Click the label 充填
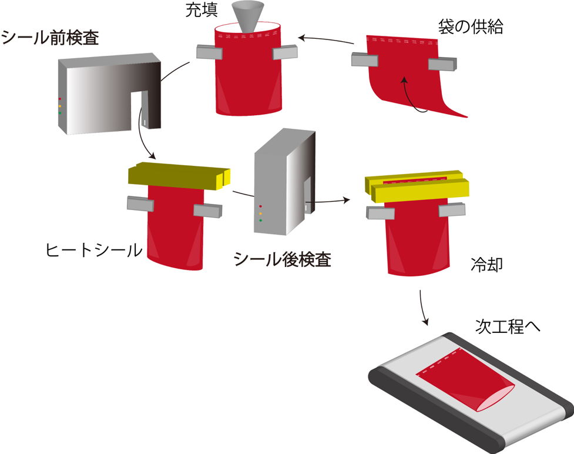click(x=202, y=12)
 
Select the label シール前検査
click(x=49, y=38)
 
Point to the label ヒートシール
click(x=94, y=251)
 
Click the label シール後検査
click(x=282, y=259)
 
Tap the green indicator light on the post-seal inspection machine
click(x=260, y=221)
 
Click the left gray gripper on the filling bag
click(x=209, y=53)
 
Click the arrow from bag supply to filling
click(x=327, y=40)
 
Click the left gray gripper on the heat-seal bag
click(x=140, y=204)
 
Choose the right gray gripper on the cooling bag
click(x=452, y=210)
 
